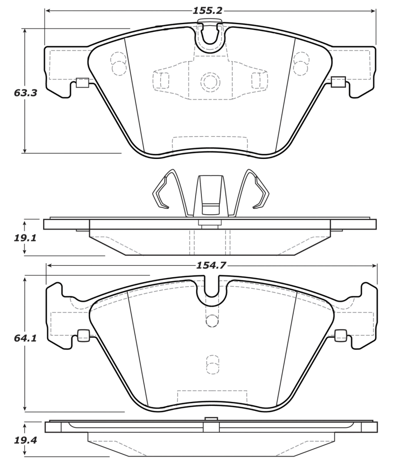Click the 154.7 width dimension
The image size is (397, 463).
coord(211,265)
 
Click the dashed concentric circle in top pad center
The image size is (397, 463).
coord(210,81)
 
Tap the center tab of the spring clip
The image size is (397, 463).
coord(210,196)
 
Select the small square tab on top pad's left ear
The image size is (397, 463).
coord(82,82)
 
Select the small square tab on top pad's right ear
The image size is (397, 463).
coord(338,82)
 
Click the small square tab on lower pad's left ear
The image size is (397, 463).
coord(83,335)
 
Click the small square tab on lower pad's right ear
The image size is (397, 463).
coord(340,335)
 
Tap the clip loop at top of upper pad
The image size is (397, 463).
coord(210,32)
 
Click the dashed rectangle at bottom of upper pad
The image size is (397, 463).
coord(209,143)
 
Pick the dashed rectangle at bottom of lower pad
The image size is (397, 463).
coord(212,395)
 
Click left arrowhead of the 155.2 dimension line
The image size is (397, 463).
coord(48,10)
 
